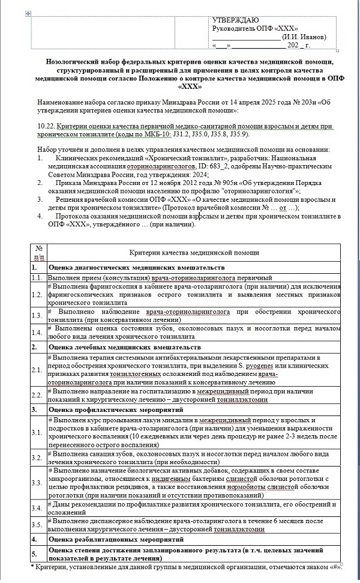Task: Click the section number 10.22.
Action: click(x=46, y=126)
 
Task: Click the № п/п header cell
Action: click(x=38, y=253)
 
